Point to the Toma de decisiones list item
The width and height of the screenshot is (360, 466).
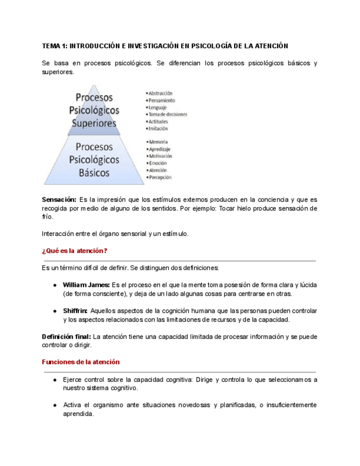[167, 114]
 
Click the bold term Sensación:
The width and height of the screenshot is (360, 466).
[59, 199]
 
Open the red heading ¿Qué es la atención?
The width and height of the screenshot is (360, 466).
[74, 251]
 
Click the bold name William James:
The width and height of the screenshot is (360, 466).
[86, 285]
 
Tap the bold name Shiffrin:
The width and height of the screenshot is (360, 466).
[75, 310]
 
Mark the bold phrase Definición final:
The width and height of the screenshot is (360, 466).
[67, 336]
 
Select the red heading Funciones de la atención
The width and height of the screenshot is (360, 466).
[81, 362]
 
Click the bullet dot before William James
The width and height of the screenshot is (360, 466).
[56, 285]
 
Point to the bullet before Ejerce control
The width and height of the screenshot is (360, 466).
[56, 380]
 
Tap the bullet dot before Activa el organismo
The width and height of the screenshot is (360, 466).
[56, 406]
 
